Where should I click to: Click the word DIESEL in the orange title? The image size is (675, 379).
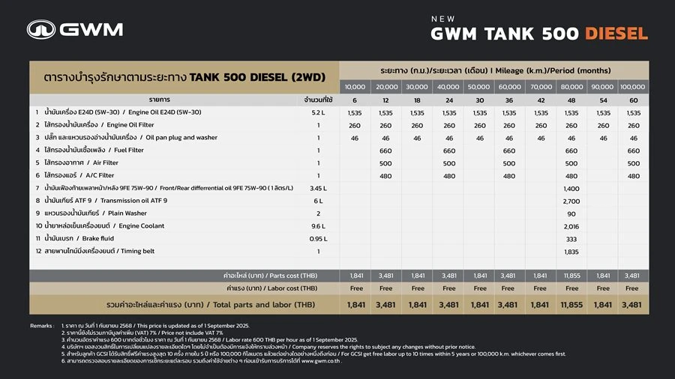tap(616, 34)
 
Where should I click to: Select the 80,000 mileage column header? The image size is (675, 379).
tap(571, 87)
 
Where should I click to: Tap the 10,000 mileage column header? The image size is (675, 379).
tap(355, 87)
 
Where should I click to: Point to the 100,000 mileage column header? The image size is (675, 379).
tap(633, 87)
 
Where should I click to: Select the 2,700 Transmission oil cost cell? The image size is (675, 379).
tap(571, 201)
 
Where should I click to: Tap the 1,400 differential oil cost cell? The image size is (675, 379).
tap(571, 188)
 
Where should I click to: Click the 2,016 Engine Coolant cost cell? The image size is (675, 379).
tap(571, 225)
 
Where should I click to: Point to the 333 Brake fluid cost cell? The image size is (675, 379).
tap(571, 238)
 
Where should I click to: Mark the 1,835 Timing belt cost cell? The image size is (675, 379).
tap(571, 252)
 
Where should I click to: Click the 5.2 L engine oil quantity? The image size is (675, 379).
tap(318, 112)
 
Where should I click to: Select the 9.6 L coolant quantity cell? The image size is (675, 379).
tap(318, 225)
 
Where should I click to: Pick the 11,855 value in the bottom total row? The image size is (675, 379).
tap(571, 305)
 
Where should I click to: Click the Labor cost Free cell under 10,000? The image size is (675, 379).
tap(355, 288)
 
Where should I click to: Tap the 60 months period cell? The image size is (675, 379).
tap(633, 100)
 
